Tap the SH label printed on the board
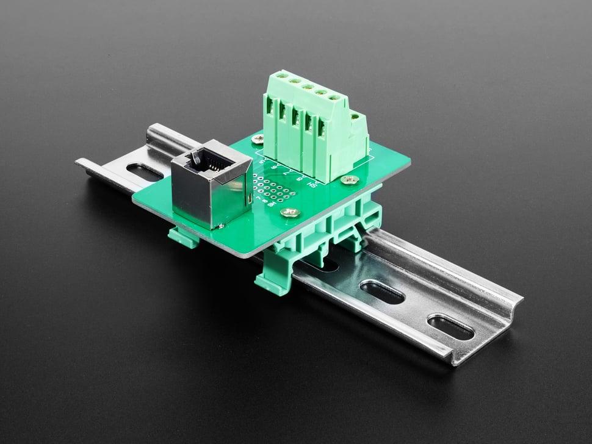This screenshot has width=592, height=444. pyautogui.click(x=312, y=184)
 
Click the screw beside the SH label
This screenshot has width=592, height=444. pyautogui.click(x=350, y=179)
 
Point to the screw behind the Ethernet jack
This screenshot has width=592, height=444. pyautogui.click(x=258, y=140)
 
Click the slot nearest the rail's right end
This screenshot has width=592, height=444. pyautogui.click(x=450, y=328)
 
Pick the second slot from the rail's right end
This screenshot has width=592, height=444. pyautogui.click(x=382, y=292)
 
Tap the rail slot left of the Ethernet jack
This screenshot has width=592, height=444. pyautogui.click(x=143, y=171)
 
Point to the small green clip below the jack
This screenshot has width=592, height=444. pyautogui.click(x=184, y=237)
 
